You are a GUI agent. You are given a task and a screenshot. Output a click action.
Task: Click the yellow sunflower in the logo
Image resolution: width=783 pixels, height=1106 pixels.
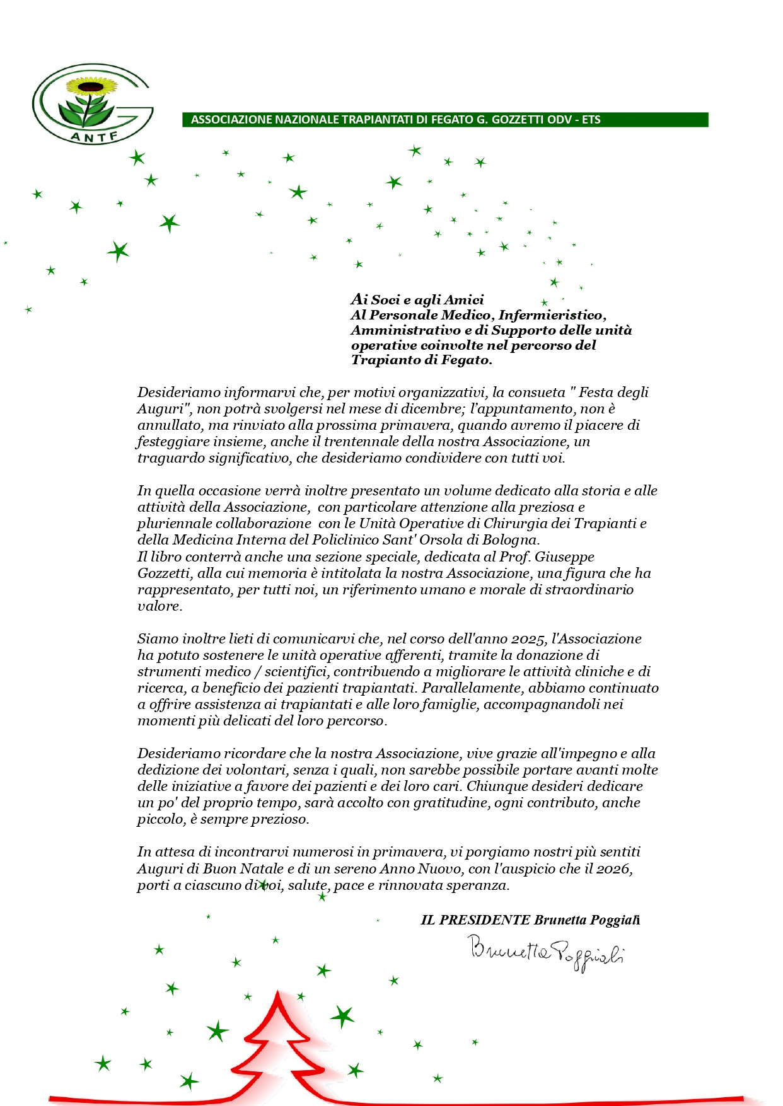tap(92, 85)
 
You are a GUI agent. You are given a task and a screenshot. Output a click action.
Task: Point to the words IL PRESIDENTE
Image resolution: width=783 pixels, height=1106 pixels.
tap(475, 920)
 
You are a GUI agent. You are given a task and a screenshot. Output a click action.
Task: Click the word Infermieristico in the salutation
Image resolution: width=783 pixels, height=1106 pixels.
tap(551, 315)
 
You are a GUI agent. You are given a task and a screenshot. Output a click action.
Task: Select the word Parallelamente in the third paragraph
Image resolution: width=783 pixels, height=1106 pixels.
tap(473, 688)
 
